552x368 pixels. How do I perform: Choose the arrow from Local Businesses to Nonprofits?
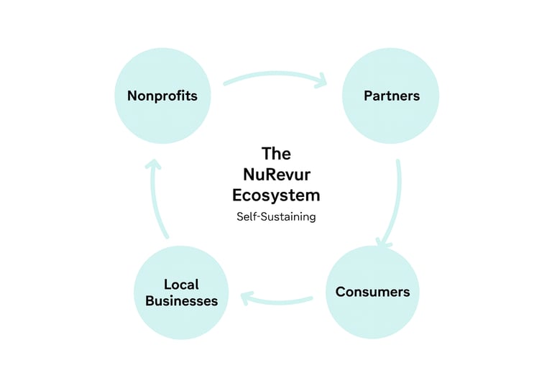pyautogui.click(x=156, y=198)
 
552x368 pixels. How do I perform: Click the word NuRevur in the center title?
pyautogui.click(x=276, y=175)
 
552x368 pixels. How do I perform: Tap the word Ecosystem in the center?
pyautogui.click(x=276, y=195)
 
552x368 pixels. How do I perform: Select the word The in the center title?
pyautogui.click(x=276, y=154)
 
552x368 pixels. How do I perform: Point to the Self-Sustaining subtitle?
pyautogui.click(x=276, y=216)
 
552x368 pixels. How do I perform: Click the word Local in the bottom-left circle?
pyautogui.click(x=181, y=285)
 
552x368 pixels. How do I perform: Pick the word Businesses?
pyautogui.click(x=181, y=301)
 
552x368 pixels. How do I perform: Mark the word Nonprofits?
pyautogui.click(x=162, y=96)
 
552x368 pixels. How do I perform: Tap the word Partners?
pyautogui.click(x=391, y=96)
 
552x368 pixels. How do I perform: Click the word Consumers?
pyautogui.click(x=372, y=292)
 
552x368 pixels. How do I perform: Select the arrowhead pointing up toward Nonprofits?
pyautogui.click(x=152, y=165)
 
